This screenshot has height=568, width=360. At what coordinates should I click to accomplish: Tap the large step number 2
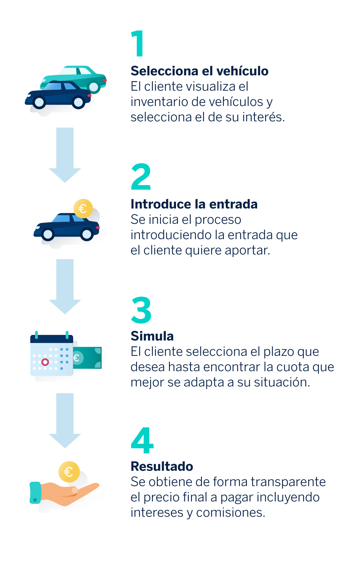(x=141, y=177)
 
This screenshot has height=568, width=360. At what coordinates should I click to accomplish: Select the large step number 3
(x=141, y=310)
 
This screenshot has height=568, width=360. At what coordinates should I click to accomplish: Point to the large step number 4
(x=142, y=440)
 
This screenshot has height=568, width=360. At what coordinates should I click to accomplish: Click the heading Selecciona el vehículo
(x=200, y=71)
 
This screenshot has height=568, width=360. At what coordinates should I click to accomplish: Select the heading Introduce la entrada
(x=194, y=204)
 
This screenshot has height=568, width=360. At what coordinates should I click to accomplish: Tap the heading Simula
(x=152, y=336)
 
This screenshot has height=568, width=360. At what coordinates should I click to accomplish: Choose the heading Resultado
(x=162, y=466)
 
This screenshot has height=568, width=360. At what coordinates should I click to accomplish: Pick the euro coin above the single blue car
(x=83, y=209)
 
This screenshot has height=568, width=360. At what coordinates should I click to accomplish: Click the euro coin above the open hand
(x=69, y=472)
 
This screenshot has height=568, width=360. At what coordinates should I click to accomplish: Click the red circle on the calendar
(x=45, y=362)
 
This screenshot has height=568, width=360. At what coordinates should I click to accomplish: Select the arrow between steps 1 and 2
(x=65, y=155)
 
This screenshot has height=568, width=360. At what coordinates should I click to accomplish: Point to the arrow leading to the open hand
(x=65, y=421)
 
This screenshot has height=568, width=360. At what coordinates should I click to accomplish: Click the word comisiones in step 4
(x=231, y=512)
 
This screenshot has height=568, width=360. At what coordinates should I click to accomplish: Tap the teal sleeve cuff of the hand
(x=35, y=493)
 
